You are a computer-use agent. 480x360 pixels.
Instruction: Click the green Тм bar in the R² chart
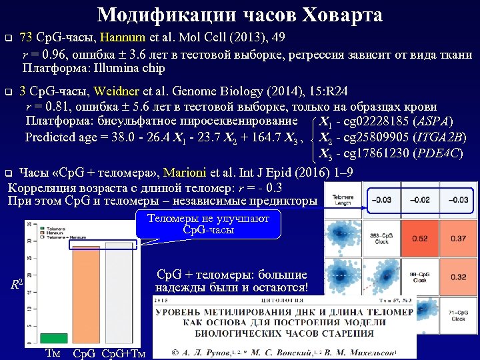coord(53,337)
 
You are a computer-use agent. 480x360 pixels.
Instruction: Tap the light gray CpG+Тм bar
coord(120,293)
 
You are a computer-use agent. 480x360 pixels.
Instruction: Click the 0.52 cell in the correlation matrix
coord(420,238)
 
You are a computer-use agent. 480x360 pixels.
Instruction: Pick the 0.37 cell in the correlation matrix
coord(459,238)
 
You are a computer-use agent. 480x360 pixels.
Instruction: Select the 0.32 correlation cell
coord(459,277)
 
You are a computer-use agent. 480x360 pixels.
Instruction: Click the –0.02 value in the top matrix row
coord(420,199)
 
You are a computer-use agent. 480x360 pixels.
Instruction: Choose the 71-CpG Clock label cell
coord(457,316)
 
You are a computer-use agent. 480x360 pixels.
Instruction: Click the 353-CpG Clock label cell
coord(382,238)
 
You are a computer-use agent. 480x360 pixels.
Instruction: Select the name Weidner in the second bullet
coord(117,91)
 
